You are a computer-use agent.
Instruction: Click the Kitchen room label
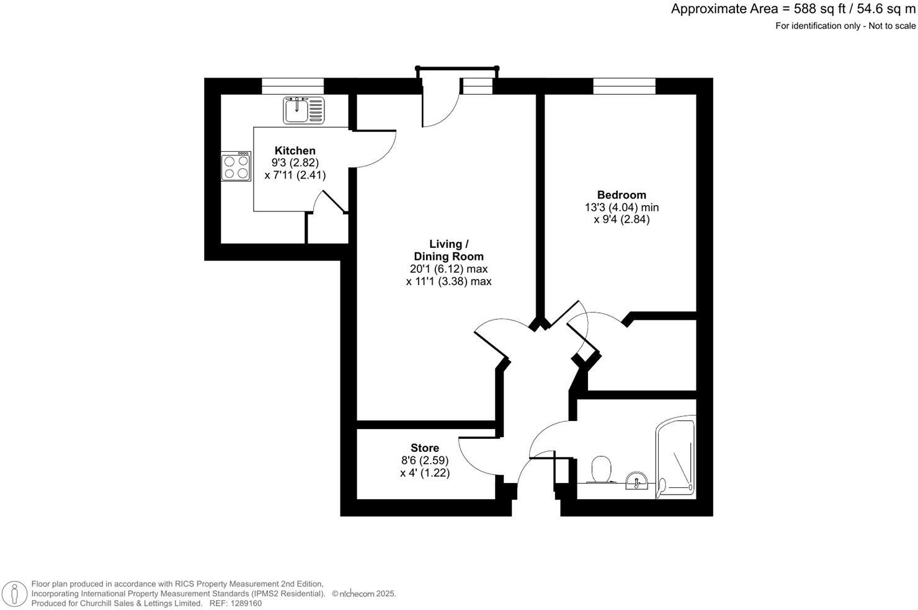[295, 151]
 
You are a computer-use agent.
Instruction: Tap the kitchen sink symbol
[304, 110]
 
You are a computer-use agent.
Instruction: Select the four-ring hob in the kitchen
[236, 166]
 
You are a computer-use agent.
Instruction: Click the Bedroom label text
[622, 195]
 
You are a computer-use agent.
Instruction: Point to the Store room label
[425, 448]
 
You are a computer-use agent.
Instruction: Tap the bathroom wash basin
[636, 480]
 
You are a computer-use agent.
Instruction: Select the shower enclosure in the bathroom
[676, 459]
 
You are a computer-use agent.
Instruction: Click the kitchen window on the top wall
[293, 86]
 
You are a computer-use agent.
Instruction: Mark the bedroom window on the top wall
[624, 86]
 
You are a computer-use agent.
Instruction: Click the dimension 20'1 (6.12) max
[448, 269]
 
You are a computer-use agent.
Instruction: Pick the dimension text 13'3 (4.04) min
[622, 207]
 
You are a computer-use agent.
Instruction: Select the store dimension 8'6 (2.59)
[425, 460]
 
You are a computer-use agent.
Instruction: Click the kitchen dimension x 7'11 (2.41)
[295, 175]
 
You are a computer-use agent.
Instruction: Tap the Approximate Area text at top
[793, 9]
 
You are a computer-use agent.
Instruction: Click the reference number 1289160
[244, 603]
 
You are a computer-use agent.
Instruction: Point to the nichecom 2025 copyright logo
[363, 593]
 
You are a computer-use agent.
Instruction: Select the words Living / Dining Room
[448, 250]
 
